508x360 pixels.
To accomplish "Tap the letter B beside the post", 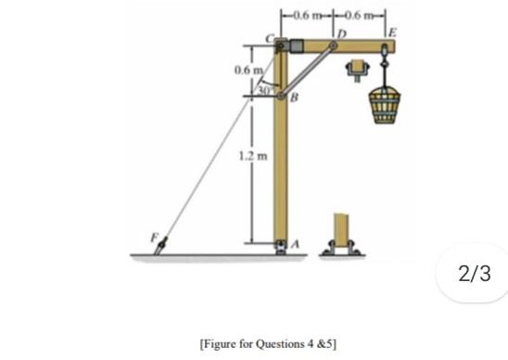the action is coord(294,96).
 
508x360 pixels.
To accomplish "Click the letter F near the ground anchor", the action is coord(155,238).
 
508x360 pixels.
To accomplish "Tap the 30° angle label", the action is coord(264,91).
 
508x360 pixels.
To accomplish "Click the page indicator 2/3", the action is coord(472,274).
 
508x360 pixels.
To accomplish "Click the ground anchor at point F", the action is coord(163,247).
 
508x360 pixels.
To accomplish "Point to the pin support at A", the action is coord(283,247).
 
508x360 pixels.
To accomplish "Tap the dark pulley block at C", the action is coord(295,45).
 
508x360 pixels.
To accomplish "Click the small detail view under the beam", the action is coord(356,70).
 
